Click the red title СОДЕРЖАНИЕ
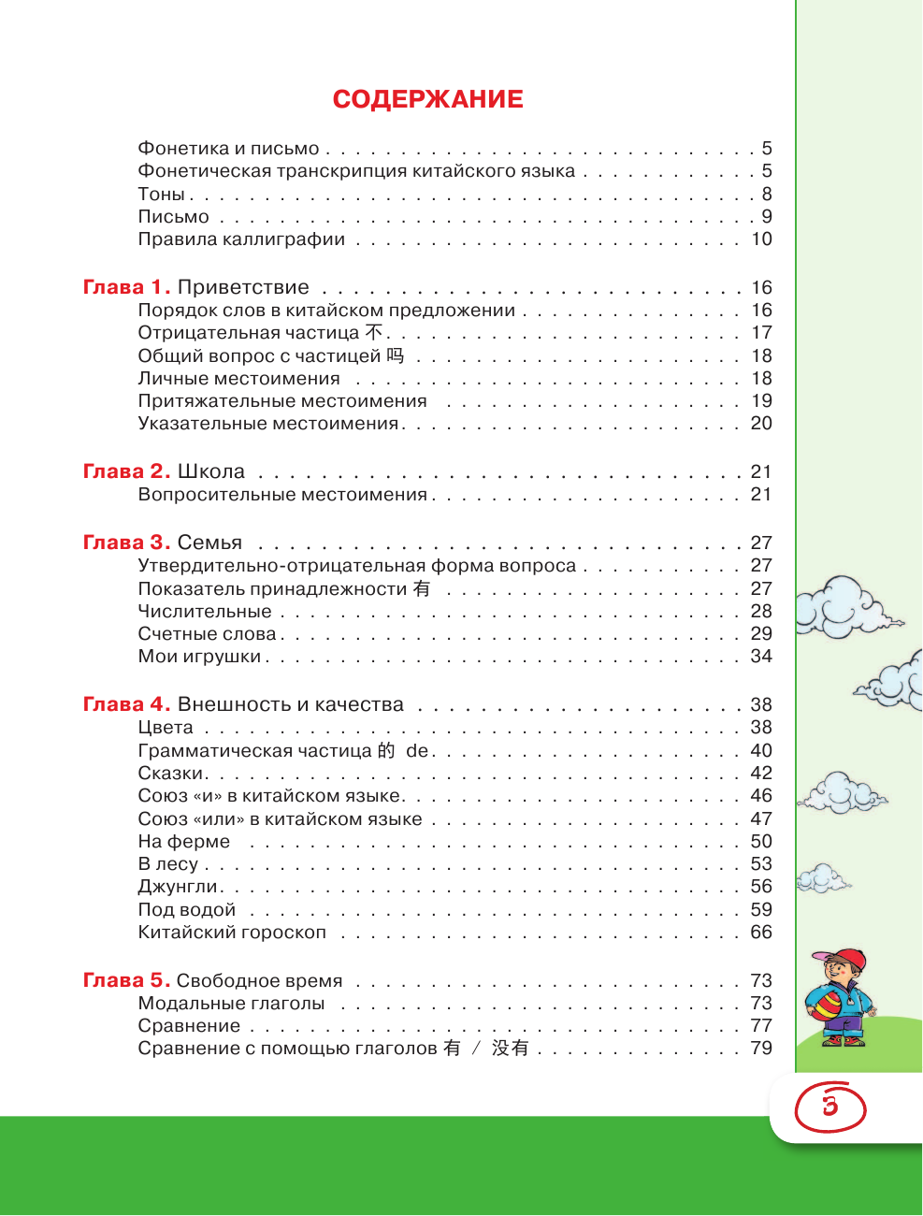pyautogui.click(x=427, y=99)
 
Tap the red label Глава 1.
pyautogui.click(x=126, y=287)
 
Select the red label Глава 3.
pyautogui.click(x=126, y=543)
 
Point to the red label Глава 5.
pyautogui.click(x=126, y=980)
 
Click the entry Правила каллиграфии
pyautogui.click(x=241, y=239)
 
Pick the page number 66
pyautogui.click(x=761, y=933)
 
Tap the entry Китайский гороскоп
pyautogui.click(x=232, y=933)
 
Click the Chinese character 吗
pyautogui.click(x=396, y=355)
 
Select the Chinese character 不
pyautogui.click(x=374, y=333)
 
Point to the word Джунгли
pyautogui.click(x=178, y=887)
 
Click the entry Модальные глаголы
pyautogui.click(x=231, y=1004)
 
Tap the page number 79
pyautogui.click(x=761, y=1049)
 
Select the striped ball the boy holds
pyautogui.click(x=825, y=1006)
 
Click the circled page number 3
pyautogui.click(x=829, y=1107)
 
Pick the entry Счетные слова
pyautogui.click(x=207, y=634)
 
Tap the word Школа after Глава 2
pyautogui.click(x=211, y=471)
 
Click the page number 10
pyautogui.click(x=761, y=239)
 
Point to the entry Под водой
pyautogui.click(x=186, y=910)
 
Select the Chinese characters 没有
pyautogui.click(x=511, y=1049)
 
